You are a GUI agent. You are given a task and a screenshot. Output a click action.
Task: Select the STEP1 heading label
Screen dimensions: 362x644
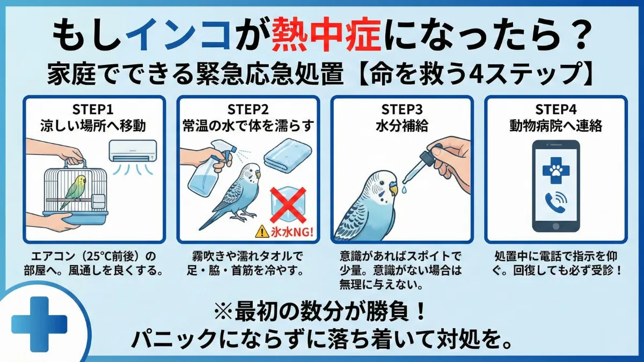[x=93, y=110]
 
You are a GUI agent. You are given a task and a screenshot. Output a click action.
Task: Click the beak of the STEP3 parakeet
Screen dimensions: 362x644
[x=393, y=189]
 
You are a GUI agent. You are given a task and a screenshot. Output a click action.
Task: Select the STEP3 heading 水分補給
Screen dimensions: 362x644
[x=400, y=127]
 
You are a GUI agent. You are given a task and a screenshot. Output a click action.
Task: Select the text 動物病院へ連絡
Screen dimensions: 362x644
[x=555, y=127]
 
